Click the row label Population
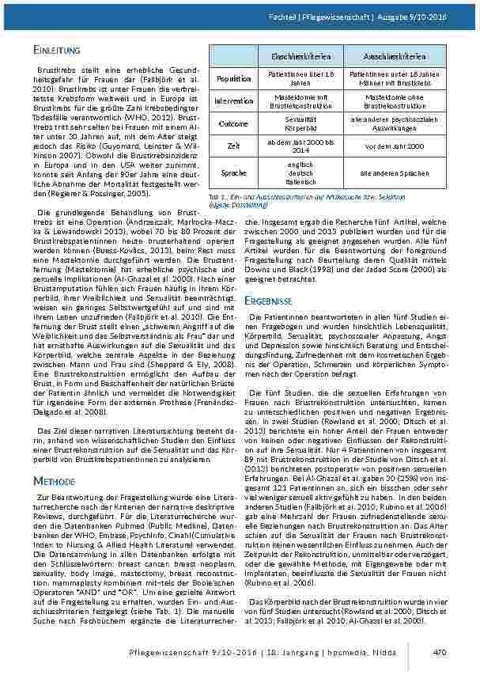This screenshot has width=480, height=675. point(233,78)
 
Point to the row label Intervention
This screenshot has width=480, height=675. point(233,101)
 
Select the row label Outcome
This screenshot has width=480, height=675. point(233,123)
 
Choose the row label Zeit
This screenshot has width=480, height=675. point(233,146)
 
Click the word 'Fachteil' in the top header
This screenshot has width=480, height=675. point(304,16)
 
